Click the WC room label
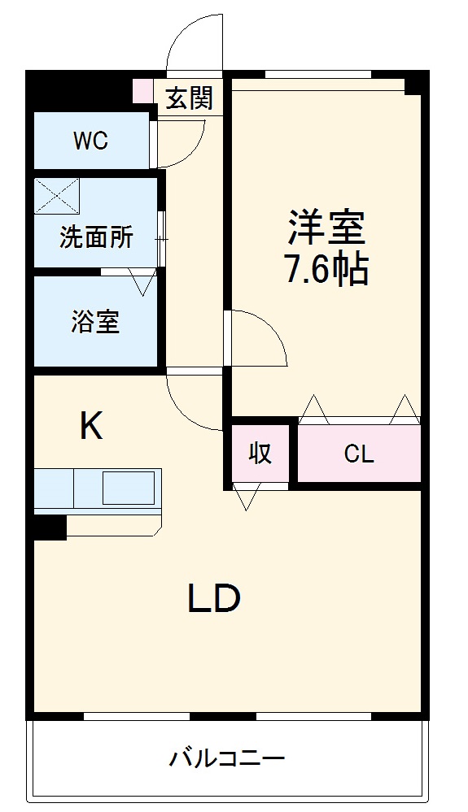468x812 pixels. pos(90,141)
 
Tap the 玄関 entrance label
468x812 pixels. pos(190,98)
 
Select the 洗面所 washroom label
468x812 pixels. pos(96,238)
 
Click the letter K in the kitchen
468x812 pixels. pos(91,426)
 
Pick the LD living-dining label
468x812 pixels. pos(215,599)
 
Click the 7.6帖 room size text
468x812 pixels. pos(326,269)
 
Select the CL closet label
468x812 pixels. pos(358,454)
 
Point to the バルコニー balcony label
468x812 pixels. pos(227,760)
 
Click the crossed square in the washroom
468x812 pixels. pos(57,196)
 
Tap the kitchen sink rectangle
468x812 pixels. pos(127,487)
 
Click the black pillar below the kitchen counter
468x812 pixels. pos(49,527)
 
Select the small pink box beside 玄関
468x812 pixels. pos(142,90)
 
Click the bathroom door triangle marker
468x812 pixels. pos(142,282)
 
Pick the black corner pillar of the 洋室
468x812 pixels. pos(416,82)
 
